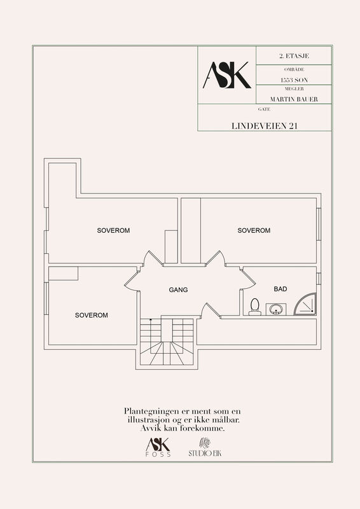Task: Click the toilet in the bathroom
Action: [x=255, y=307]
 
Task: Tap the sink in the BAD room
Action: [x=275, y=309]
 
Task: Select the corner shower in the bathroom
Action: [x=305, y=304]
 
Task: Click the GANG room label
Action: [x=178, y=289]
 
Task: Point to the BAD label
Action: [x=280, y=289]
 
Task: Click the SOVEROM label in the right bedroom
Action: [x=254, y=230]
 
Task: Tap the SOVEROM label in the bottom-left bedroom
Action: [x=91, y=315]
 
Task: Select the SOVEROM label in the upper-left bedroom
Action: [x=113, y=230]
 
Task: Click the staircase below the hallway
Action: [x=167, y=342]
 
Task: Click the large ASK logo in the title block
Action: [x=227, y=75]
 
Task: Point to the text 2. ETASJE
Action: [x=294, y=56]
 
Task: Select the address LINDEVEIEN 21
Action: [x=264, y=126]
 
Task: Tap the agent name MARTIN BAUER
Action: [x=294, y=99]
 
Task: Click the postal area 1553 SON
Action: [x=294, y=80]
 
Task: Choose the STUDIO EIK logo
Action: [x=205, y=447]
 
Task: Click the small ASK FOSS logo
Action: [x=158, y=447]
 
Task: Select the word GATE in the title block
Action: [x=264, y=109]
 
